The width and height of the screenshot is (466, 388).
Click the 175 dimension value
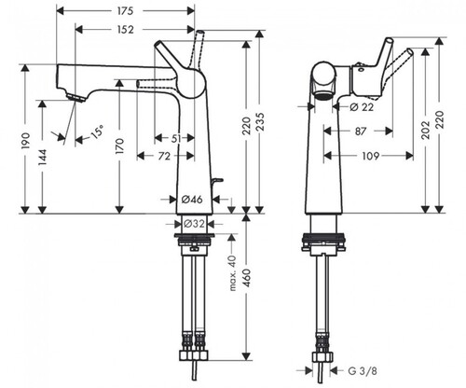tap(125, 11)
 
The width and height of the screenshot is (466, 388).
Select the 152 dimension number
tap(125, 30)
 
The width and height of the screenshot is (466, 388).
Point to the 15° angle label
tap(97, 132)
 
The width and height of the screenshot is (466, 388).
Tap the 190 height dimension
tap(26, 141)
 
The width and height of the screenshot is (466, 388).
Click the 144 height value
tap(42, 158)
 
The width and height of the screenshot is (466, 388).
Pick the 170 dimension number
tap(119, 146)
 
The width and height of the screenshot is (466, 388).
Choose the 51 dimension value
tap(176, 138)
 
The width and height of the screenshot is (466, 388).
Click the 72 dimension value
tap(164, 156)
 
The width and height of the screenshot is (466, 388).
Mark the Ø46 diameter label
tap(192, 200)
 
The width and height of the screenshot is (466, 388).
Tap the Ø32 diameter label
tap(194, 223)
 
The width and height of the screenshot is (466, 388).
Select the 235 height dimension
tap(260, 122)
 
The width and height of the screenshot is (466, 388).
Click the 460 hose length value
tap(247, 278)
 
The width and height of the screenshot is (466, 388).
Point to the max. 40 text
tap(232, 273)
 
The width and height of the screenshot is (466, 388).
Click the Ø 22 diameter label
tap(362, 107)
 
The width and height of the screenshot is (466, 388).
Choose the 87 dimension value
tap(361, 132)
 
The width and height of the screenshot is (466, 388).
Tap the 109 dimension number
tap(371, 156)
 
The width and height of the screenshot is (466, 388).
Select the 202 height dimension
tap(426, 130)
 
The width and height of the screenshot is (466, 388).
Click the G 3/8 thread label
tap(363, 371)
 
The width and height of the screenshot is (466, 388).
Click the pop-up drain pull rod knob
tap(218, 180)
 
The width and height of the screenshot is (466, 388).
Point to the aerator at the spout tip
tap(76, 98)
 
